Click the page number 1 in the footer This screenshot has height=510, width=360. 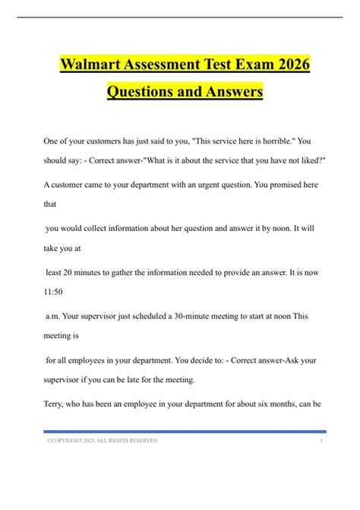(321, 440)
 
